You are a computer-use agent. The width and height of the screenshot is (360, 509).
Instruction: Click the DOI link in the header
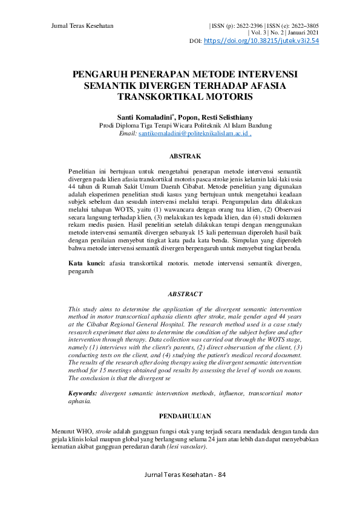click(x=262, y=41)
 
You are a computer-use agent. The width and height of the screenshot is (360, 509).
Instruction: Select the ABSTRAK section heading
click(x=185, y=156)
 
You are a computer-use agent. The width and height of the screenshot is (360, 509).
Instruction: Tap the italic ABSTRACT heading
click(x=185, y=294)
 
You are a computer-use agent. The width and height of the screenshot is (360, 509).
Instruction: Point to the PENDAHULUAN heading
click(x=185, y=417)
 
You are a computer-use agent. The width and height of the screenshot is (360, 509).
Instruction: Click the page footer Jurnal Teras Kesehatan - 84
click(x=185, y=491)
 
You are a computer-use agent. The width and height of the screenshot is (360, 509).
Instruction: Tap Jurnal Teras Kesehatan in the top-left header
click(x=83, y=26)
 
